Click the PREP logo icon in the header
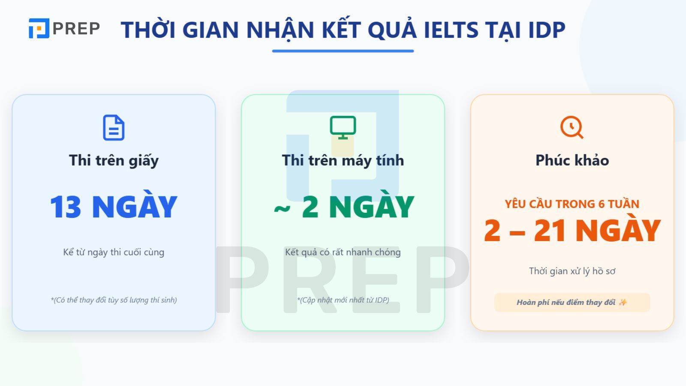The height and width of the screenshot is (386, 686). [x=39, y=28]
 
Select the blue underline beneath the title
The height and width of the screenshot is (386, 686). [x=343, y=51]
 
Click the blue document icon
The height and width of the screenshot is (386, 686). [x=114, y=127]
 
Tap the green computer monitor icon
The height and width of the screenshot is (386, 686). [x=343, y=127]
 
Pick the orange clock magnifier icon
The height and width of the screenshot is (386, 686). [x=572, y=127]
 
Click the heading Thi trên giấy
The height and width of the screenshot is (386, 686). [x=114, y=160]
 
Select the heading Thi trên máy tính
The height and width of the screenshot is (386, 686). [x=343, y=160]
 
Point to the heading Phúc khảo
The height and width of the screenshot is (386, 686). [x=572, y=160]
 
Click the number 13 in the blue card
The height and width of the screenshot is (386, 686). [x=65, y=207]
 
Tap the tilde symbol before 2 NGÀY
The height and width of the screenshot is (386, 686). [x=282, y=209]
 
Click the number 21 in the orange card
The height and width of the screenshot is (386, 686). [x=550, y=231]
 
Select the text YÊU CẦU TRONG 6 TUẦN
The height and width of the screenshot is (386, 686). [x=572, y=204]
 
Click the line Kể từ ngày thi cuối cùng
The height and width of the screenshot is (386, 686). [x=114, y=252]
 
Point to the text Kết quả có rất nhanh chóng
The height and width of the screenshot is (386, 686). [x=343, y=252]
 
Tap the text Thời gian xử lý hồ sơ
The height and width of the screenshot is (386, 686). [x=572, y=271]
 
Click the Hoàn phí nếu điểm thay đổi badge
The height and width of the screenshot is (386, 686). [x=572, y=302]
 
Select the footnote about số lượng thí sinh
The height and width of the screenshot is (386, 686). [x=114, y=300]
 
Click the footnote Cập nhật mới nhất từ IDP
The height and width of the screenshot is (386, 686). [x=343, y=300]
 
